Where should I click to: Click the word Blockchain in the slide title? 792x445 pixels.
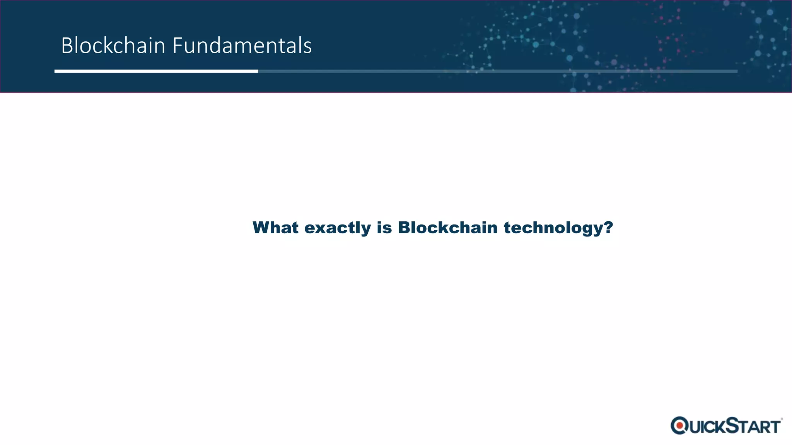(x=113, y=46)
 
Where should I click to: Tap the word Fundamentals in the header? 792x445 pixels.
(x=242, y=46)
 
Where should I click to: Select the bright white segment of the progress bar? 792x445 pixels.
(x=156, y=71)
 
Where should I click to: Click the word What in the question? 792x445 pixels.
(x=275, y=228)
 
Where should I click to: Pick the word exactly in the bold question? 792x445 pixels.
(x=337, y=228)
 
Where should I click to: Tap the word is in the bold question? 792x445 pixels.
(x=384, y=228)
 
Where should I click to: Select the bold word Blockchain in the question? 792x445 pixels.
(x=447, y=228)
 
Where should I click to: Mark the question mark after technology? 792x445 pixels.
(x=608, y=227)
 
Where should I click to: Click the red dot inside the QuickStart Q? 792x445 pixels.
(x=679, y=426)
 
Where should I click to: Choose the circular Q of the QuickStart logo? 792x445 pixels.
(x=679, y=426)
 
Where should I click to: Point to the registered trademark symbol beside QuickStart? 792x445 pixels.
(x=782, y=419)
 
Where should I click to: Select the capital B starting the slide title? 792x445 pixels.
(x=67, y=46)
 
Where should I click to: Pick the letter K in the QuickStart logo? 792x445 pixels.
(x=718, y=427)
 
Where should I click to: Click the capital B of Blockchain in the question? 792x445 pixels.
(x=405, y=228)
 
